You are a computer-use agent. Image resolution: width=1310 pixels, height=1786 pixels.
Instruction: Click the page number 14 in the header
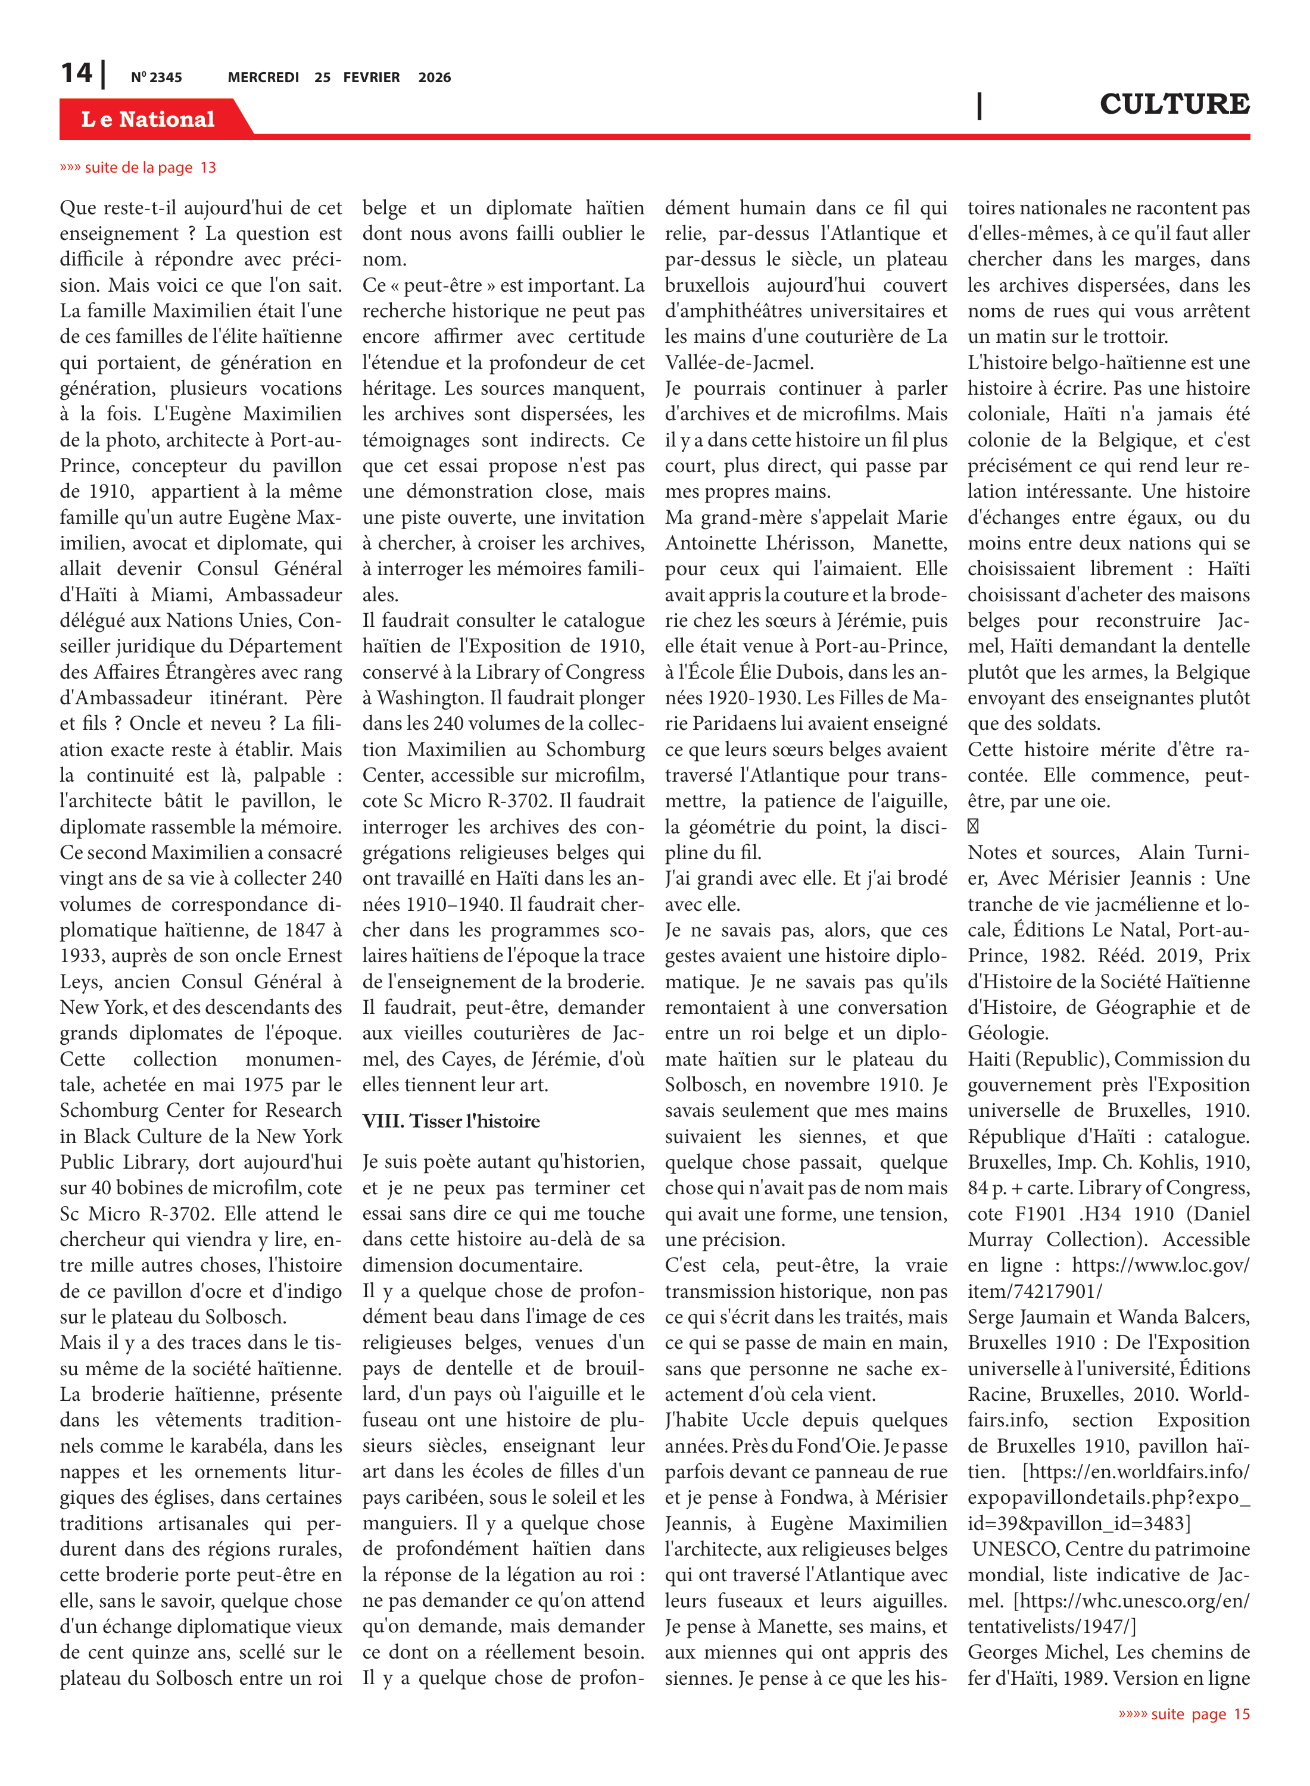[x=77, y=74]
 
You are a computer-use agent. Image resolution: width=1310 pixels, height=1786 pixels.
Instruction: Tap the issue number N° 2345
[x=156, y=77]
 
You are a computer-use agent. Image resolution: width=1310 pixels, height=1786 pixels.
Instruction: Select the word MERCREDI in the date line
[x=263, y=77]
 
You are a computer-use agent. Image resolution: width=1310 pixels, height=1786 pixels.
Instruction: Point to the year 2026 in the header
[x=435, y=77]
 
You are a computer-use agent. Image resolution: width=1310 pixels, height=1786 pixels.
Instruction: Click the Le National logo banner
[x=148, y=119]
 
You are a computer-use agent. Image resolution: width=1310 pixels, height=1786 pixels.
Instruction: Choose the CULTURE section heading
[x=1174, y=104]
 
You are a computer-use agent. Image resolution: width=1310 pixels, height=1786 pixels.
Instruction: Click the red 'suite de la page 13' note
[x=138, y=167]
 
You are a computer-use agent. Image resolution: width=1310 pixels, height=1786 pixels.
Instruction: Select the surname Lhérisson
[x=810, y=543]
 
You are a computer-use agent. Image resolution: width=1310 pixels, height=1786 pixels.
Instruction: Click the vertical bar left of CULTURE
[x=980, y=105]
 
